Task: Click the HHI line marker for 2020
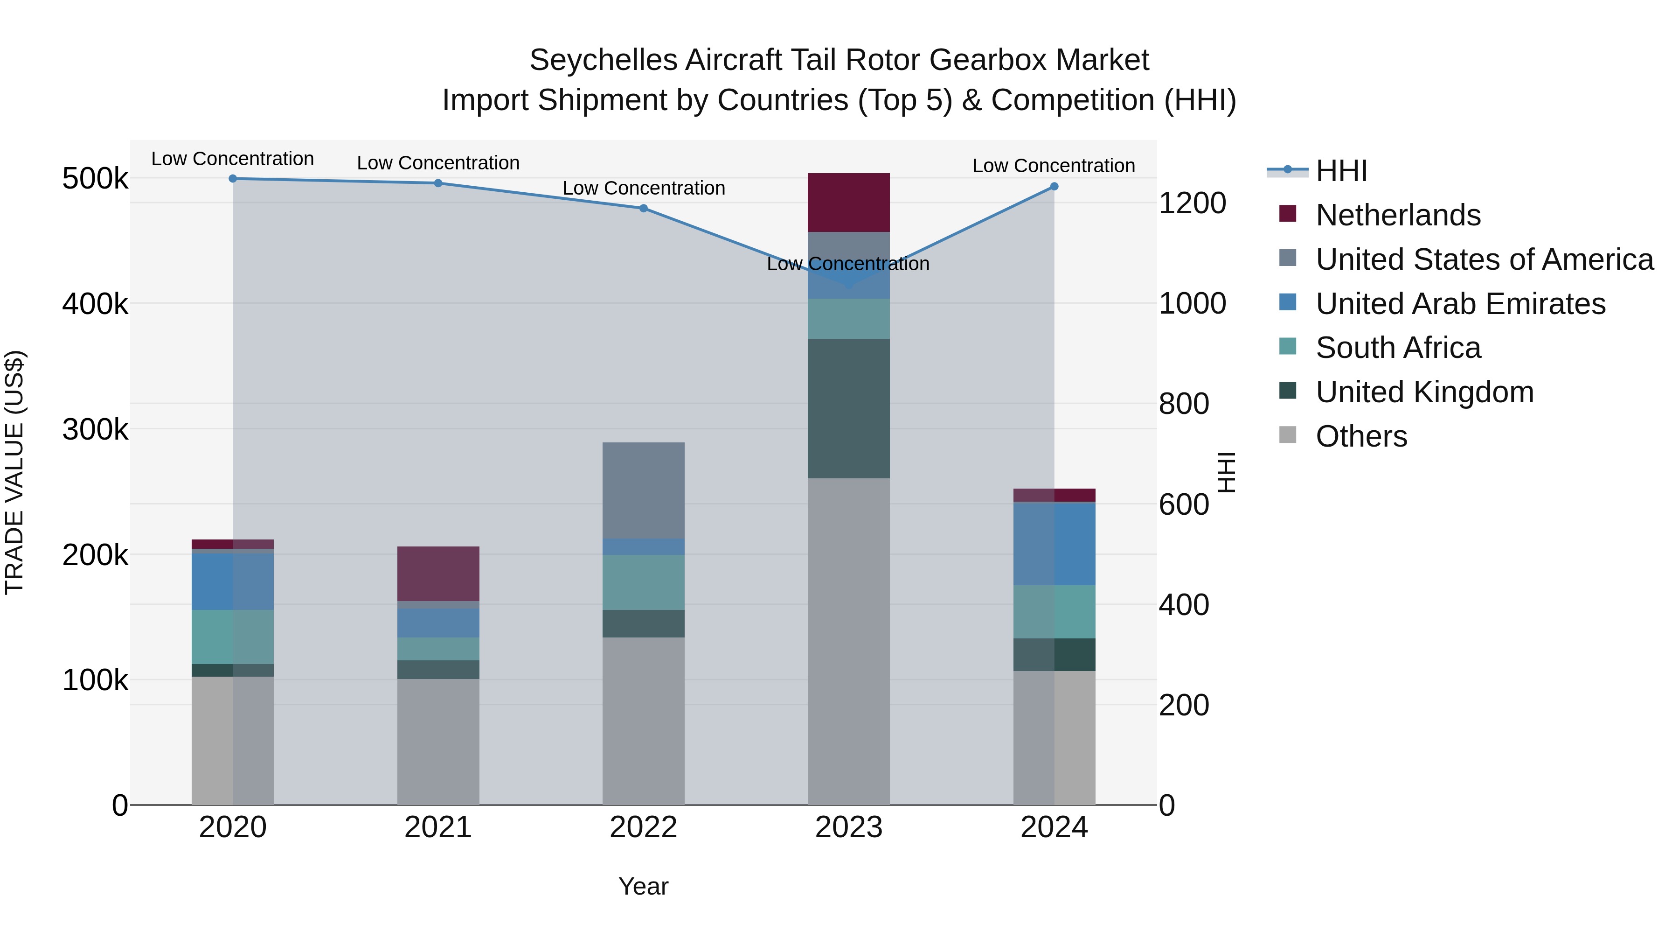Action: coord(233,178)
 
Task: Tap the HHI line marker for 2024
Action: coord(1054,187)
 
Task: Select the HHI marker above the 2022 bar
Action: coord(643,208)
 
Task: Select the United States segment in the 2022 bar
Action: coord(643,490)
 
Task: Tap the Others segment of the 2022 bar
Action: coord(643,721)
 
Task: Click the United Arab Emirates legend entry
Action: coord(1460,303)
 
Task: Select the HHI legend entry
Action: coord(1341,171)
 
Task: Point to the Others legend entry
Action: coord(1361,436)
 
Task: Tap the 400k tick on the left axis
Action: coord(95,303)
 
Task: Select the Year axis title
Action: coord(643,886)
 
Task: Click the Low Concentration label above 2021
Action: coord(438,162)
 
